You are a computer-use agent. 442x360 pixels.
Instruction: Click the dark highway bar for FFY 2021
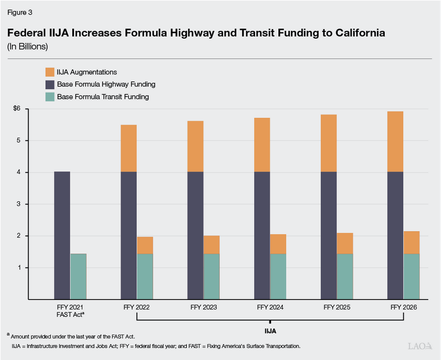[x=62, y=235]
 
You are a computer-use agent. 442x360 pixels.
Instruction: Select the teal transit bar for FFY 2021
[x=78, y=276]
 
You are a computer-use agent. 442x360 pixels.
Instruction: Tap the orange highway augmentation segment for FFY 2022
[x=128, y=148]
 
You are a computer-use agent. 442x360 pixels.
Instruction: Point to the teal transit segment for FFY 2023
[x=212, y=276]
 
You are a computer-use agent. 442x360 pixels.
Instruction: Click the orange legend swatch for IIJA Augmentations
[x=49, y=72]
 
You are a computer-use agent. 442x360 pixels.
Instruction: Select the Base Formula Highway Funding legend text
[x=106, y=84]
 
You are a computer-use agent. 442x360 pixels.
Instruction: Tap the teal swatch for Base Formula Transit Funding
[x=49, y=96]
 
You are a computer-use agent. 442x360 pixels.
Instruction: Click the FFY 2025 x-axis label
[x=336, y=307]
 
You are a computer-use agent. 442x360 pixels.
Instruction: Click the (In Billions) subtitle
[x=28, y=46]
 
